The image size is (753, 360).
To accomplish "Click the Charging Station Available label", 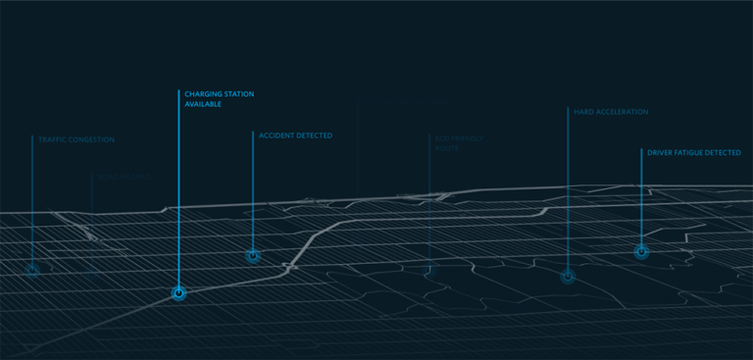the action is point(219,99).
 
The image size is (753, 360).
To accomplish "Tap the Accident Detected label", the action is point(295,135).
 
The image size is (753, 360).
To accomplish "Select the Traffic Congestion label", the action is point(76,140).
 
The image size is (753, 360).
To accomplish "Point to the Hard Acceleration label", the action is point(611,112).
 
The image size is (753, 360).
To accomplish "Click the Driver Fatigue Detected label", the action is point(694,153).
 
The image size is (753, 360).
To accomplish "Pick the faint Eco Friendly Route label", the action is point(459,143).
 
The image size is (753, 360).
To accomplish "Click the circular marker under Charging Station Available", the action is point(178,292).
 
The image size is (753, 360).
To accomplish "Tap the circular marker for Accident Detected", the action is point(253,256).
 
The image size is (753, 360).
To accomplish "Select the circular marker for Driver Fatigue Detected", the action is point(641,252).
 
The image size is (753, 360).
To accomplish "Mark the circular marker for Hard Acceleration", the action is point(568,277).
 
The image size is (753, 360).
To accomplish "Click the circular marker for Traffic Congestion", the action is point(32,270).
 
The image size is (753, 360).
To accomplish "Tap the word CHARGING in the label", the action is point(203,94).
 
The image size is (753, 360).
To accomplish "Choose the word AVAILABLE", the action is point(203,104).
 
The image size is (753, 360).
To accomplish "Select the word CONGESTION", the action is point(92,140).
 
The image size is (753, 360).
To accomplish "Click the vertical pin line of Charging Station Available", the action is point(178,196).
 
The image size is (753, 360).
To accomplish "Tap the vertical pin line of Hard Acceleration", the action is point(568,196).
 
